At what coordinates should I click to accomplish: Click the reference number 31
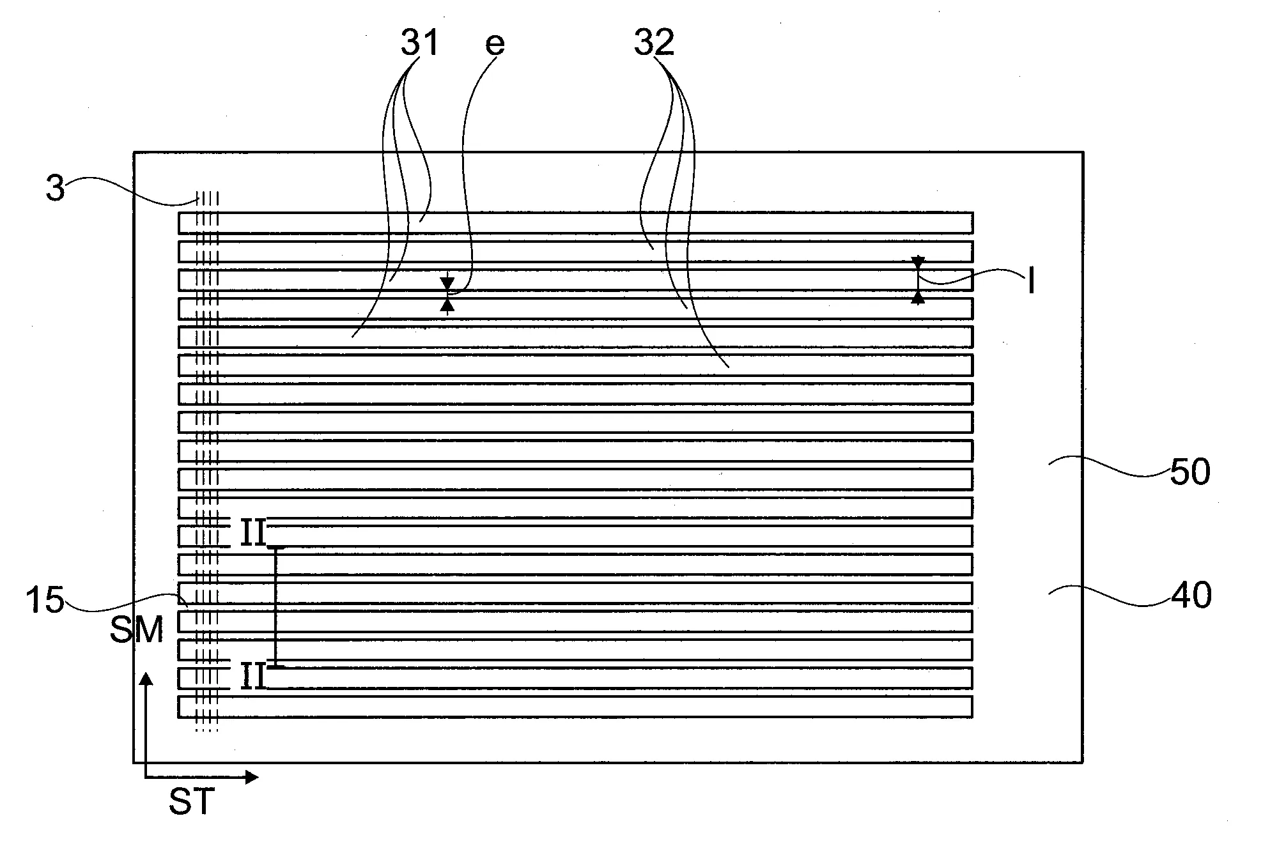[x=419, y=43]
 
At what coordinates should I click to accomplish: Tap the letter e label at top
[x=495, y=43]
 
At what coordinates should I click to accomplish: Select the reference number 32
[x=654, y=43]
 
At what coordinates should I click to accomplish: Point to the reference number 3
[x=56, y=188]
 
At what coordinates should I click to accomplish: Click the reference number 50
[x=1189, y=473]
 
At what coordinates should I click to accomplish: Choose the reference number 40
[x=1191, y=596]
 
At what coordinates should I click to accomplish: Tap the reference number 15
[x=45, y=601]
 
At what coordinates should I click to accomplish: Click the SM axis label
[x=137, y=630]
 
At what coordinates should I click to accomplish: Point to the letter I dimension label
[x=1031, y=281]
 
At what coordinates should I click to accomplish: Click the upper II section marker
[x=253, y=533]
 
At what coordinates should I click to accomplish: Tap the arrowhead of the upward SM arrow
[x=147, y=679]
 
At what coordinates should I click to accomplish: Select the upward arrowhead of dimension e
[x=447, y=305]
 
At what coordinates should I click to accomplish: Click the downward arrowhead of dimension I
[x=918, y=263]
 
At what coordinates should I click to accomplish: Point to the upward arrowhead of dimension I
[x=918, y=297]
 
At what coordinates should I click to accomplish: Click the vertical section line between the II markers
[x=276, y=607]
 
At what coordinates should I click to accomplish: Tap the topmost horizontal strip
[x=575, y=223]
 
